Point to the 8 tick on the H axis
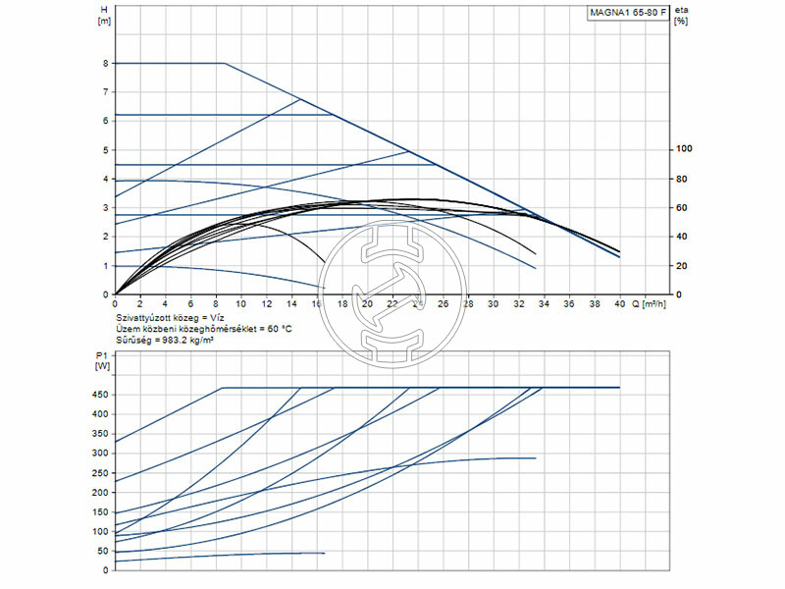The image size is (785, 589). pos(105,64)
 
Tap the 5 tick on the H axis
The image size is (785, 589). pos(105,150)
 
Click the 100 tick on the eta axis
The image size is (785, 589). pos(683,150)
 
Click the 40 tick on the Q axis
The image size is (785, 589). pos(619,304)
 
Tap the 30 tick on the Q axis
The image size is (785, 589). pos(494,304)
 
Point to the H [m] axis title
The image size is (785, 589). pos(105,15)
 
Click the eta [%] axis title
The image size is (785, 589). pos(681,15)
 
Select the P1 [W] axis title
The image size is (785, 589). pos(103,360)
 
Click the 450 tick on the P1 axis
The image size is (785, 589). pos(101,395)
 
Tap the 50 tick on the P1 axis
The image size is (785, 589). pos(103,552)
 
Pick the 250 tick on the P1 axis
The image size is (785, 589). pos(101,473)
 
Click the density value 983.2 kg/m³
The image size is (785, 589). pos(189,341)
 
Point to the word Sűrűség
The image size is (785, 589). pos(134,341)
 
